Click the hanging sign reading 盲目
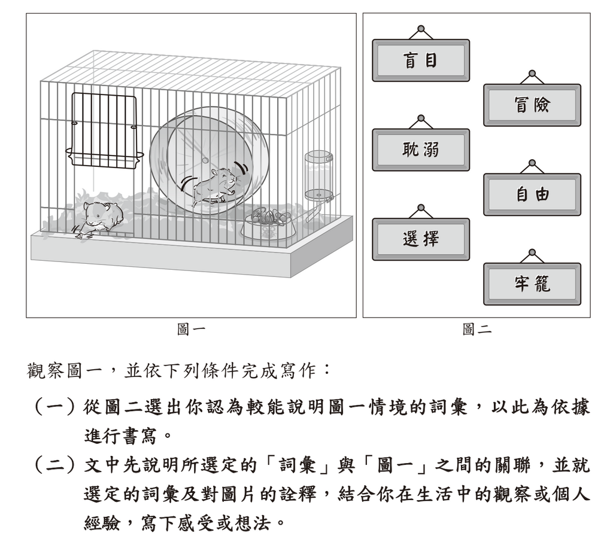coord(421,60)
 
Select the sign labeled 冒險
coord(532,105)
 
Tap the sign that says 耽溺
coord(421,150)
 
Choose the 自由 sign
coord(532,194)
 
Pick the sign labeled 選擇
coord(421,239)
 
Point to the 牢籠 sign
coord(532,284)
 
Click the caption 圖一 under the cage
coord(191,330)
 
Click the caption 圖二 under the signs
coord(477,330)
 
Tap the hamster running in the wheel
coord(214,185)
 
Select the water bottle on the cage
coord(319,176)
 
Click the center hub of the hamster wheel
coord(205,160)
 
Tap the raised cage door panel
coord(104,131)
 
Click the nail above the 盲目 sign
coord(421,29)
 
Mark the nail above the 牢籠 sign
coord(532,252)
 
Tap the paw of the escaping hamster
coord(80,236)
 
